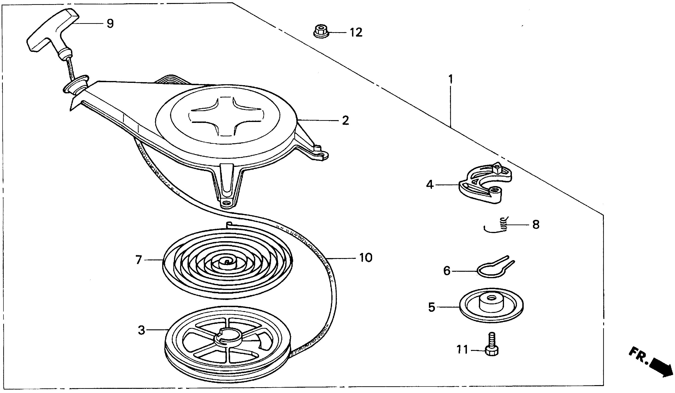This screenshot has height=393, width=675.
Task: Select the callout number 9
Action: (110, 24)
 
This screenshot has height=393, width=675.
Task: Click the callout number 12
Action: (356, 33)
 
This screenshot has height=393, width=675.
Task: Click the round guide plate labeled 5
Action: (491, 306)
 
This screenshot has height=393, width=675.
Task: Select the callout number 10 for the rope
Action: (366, 258)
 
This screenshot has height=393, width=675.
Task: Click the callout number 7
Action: (139, 260)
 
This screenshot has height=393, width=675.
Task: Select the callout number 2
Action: (345, 121)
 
